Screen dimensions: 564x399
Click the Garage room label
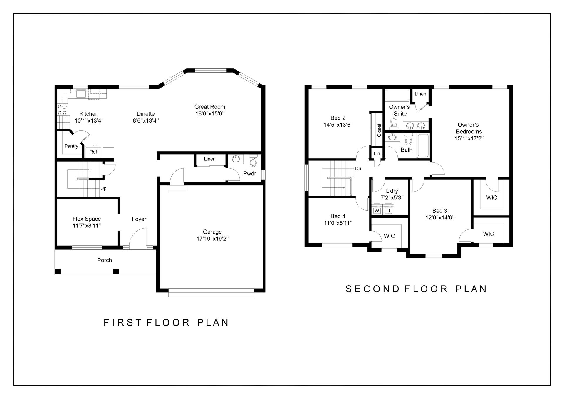[x=212, y=232]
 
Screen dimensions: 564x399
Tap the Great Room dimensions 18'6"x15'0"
[x=210, y=114]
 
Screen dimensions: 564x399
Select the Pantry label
[x=71, y=146]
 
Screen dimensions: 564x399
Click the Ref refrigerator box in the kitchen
[x=93, y=152]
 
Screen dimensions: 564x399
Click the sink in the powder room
[x=236, y=159]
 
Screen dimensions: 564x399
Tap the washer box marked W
[x=377, y=211]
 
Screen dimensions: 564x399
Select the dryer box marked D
[x=388, y=211]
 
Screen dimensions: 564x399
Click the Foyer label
[x=139, y=219]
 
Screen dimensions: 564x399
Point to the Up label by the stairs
[x=103, y=188]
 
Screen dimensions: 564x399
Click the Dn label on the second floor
[x=358, y=168]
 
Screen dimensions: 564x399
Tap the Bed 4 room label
[x=338, y=216]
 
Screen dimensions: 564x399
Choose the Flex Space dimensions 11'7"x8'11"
[x=87, y=226]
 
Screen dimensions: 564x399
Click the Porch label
[x=105, y=260]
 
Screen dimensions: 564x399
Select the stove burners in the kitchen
[x=62, y=109]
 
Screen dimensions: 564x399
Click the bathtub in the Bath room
[x=423, y=146]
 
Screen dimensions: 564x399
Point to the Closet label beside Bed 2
[x=379, y=130]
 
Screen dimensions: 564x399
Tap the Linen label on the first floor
[x=210, y=159]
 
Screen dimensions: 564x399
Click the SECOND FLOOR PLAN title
[x=416, y=289]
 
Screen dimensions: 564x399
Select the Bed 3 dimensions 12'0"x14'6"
[x=440, y=217]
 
